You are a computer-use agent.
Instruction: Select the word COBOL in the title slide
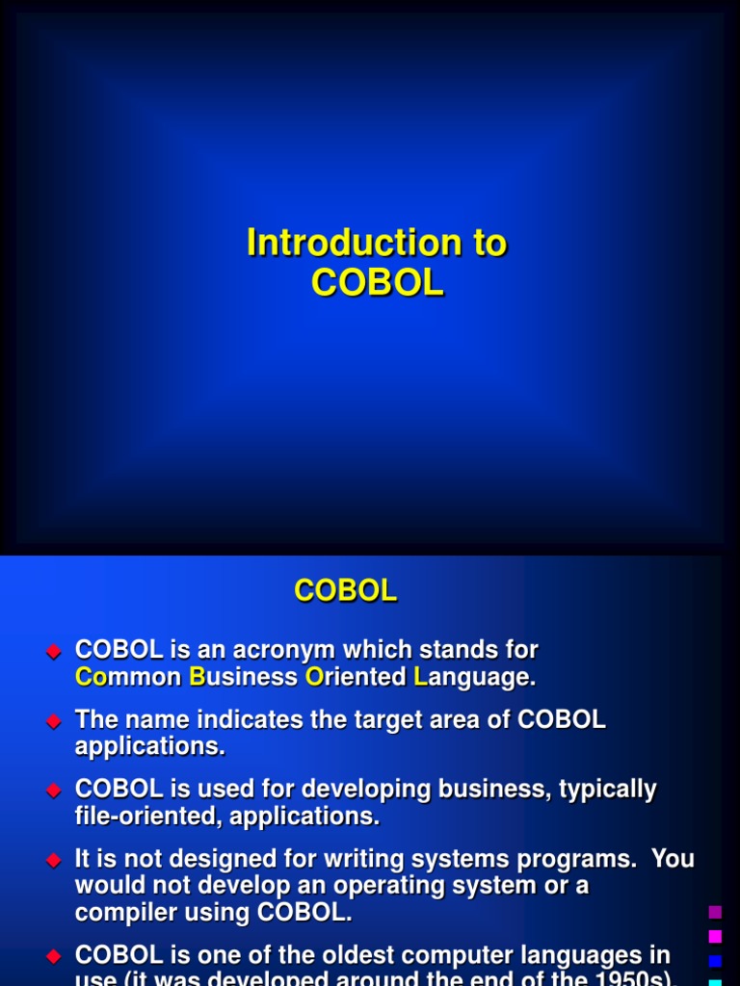377,283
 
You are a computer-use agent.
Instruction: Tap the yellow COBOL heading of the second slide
346,591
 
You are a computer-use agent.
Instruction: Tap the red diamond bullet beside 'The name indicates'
54,720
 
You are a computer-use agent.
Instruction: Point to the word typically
597,791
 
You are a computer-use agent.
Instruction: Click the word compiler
125,912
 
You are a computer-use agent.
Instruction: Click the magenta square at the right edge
715,936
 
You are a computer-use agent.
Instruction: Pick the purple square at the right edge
715,912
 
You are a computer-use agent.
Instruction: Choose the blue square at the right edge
715,960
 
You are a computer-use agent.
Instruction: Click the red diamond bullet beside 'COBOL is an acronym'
54,651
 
